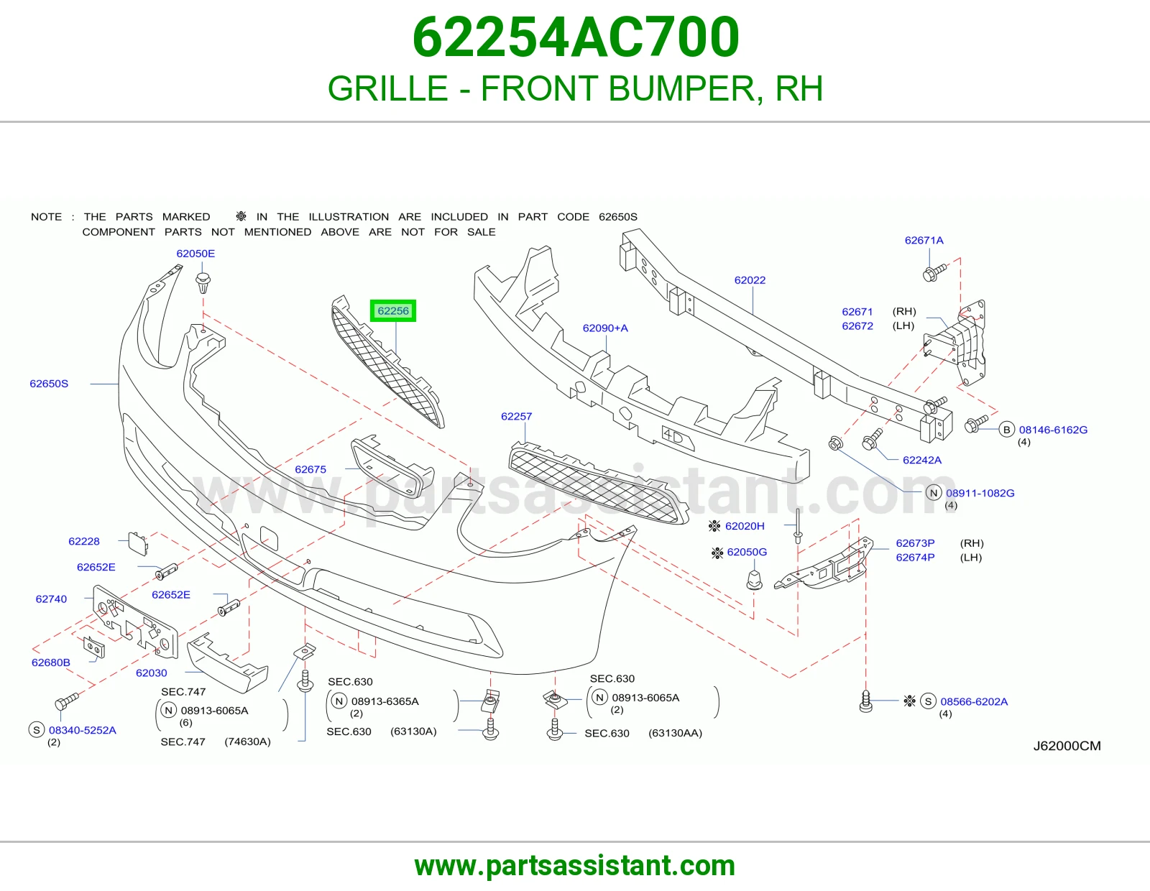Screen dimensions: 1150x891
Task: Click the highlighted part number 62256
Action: coord(393,310)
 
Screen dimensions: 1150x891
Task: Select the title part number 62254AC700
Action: coord(575,37)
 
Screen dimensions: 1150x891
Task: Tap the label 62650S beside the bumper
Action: coord(49,384)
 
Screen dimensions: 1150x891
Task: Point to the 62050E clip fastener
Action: coord(203,283)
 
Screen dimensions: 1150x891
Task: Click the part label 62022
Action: coord(750,280)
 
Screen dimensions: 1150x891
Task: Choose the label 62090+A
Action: coord(605,328)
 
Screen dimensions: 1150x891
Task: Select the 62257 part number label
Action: coord(516,417)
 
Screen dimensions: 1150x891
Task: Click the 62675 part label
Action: coord(310,469)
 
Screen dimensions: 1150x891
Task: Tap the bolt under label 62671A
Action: coord(934,272)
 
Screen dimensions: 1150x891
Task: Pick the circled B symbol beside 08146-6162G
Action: coord(1006,430)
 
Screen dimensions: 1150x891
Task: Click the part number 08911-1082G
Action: coord(980,493)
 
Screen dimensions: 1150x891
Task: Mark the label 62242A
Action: coord(922,460)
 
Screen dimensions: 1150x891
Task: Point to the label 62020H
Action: coord(745,526)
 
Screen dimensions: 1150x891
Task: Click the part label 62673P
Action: coord(915,543)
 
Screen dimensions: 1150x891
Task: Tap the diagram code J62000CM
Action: coord(1067,746)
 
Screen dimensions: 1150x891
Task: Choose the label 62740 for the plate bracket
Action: coord(51,599)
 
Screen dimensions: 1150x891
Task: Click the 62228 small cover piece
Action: coord(138,545)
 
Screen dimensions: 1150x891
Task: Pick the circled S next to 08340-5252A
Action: coord(36,730)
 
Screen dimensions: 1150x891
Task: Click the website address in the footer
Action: coord(575,866)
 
